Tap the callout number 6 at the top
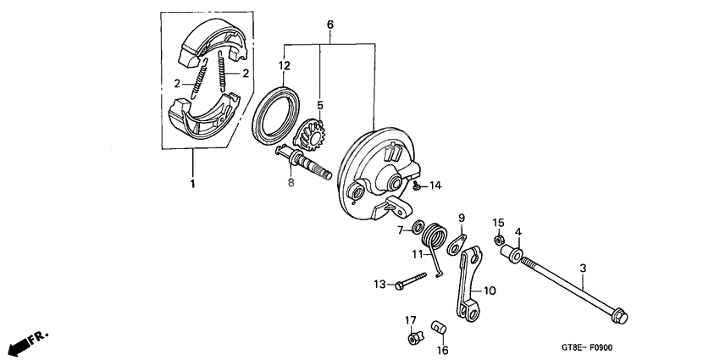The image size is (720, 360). pyautogui.click(x=330, y=25)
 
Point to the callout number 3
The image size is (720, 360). pyautogui.click(x=583, y=269)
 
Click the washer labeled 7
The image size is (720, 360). pyautogui.click(x=417, y=227)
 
